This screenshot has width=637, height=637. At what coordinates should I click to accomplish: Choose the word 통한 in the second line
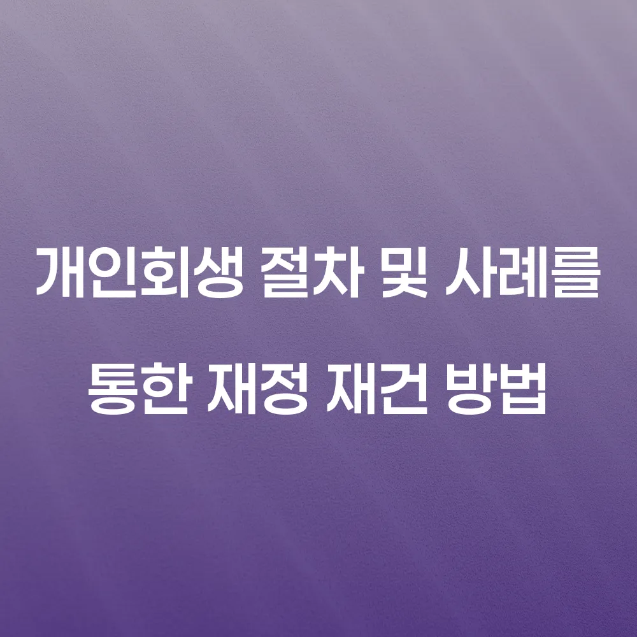pyautogui.click(x=138, y=389)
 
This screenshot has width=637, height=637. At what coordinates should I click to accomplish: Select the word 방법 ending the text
pyautogui.click(x=496, y=389)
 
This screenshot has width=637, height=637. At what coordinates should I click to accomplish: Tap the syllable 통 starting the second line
pyautogui.click(x=112, y=389)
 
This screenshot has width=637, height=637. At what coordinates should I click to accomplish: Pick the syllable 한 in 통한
pyautogui.click(x=164, y=389)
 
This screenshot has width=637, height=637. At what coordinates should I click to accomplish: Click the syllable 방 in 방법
pyautogui.click(x=471, y=389)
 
